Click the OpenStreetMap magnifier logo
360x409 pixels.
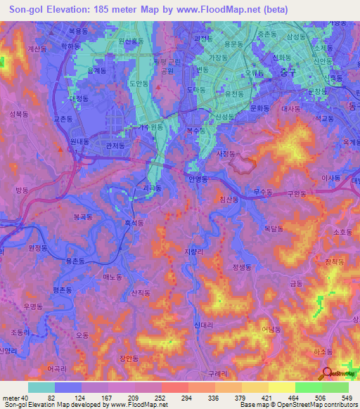(x=327, y=375)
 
